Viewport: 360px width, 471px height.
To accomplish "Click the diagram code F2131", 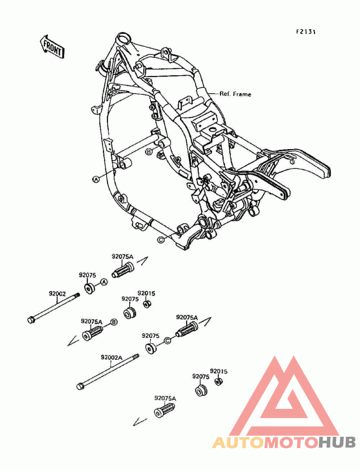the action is pyautogui.click(x=306, y=32).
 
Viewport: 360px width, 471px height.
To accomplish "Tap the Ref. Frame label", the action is pyautogui.click(x=235, y=94).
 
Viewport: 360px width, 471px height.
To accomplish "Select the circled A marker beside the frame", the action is pyautogui.click(x=95, y=179).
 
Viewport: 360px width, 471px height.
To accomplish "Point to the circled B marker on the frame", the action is pyautogui.click(x=149, y=152).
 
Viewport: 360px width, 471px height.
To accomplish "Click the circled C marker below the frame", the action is pyautogui.click(x=161, y=240).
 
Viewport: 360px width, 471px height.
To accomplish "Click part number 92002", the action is pyautogui.click(x=57, y=294).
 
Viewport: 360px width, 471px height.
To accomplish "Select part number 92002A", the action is pyautogui.click(x=112, y=358).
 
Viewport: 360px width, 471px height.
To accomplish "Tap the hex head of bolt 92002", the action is pyautogui.click(x=31, y=320).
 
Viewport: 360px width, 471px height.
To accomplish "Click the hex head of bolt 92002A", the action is pyautogui.click(x=81, y=386).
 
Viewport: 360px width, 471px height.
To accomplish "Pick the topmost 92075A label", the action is pyautogui.click(x=122, y=257).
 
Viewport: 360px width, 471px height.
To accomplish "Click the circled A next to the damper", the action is pyautogui.click(x=103, y=282).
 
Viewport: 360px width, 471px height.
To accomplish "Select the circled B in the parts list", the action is pyautogui.click(x=114, y=322).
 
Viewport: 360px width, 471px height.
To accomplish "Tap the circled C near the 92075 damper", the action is pyautogui.click(x=167, y=340).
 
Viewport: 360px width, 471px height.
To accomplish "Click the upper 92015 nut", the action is pyautogui.click(x=147, y=304).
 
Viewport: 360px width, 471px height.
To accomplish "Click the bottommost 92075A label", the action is pyautogui.click(x=165, y=399).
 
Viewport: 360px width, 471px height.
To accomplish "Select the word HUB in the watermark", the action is pyautogui.click(x=337, y=443).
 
